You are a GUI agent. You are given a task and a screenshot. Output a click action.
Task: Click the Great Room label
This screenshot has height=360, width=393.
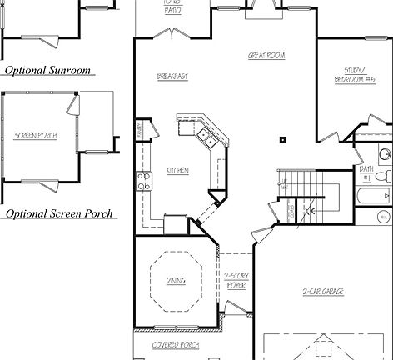[x=266, y=55]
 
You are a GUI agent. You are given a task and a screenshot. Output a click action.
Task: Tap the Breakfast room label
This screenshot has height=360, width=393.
[x=172, y=77]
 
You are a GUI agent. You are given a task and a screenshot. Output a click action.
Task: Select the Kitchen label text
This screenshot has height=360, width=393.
[x=177, y=171]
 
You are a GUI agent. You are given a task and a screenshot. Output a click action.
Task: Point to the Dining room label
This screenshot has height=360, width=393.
[x=176, y=280]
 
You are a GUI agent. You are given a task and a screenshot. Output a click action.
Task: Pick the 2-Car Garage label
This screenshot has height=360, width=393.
[x=323, y=291]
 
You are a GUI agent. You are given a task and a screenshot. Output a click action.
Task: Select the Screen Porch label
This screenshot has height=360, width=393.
[x=36, y=135]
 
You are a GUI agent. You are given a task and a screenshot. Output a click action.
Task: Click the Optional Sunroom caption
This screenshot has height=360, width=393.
[x=47, y=71]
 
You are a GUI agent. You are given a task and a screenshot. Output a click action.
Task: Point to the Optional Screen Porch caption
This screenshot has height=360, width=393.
[x=57, y=214]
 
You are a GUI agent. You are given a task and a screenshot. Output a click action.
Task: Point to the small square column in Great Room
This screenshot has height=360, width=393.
[x=283, y=140]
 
